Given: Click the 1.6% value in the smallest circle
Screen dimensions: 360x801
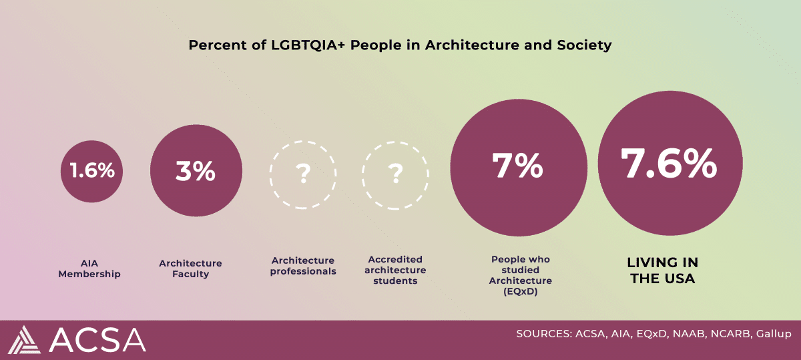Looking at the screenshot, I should point(93,170).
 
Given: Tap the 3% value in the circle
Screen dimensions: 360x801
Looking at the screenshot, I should point(195,171).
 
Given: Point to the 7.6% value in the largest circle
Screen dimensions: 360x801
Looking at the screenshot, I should point(669,164).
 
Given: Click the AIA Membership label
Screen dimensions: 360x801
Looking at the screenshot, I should point(89,268).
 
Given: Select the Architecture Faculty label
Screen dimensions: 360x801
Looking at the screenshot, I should point(190,268).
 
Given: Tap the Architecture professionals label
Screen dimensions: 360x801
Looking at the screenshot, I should point(303,266).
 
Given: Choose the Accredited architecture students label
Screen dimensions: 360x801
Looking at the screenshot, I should point(396,270).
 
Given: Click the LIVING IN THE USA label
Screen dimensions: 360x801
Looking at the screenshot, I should point(663,271).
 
